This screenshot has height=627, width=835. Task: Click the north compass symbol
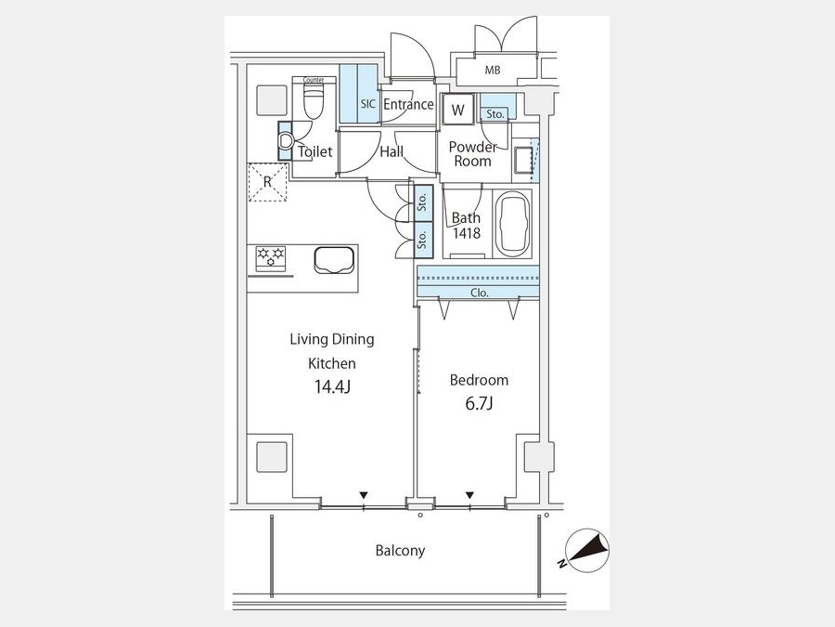(x=587, y=550)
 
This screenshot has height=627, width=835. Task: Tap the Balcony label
(x=400, y=550)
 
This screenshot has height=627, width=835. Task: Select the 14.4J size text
(x=332, y=386)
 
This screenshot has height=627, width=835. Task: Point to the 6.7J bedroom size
(x=479, y=404)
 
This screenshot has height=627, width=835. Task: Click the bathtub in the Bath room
(x=512, y=224)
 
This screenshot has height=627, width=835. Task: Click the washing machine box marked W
(x=457, y=110)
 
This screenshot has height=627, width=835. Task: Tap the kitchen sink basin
(x=334, y=260)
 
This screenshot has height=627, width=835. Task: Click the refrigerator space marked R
(x=268, y=182)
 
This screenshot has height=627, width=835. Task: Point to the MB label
(x=493, y=70)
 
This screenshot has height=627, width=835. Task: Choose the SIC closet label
(x=368, y=104)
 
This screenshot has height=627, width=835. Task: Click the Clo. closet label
(x=480, y=293)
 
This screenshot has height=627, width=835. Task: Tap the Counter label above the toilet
(x=314, y=80)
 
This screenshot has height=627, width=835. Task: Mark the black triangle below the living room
(x=363, y=495)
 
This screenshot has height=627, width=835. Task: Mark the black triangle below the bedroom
(x=469, y=495)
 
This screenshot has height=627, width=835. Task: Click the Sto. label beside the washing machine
(x=495, y=114)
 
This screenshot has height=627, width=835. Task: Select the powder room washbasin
(x=522, y=159)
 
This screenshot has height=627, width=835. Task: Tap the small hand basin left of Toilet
(x=286, y=141)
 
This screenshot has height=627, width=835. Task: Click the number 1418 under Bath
(x=467, y=233)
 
